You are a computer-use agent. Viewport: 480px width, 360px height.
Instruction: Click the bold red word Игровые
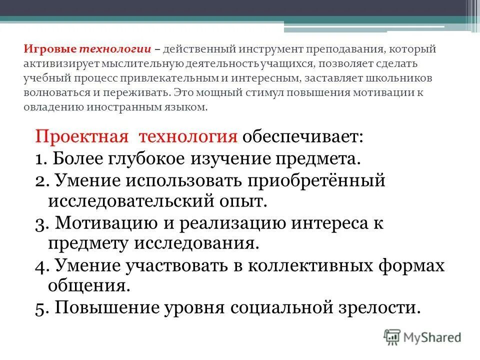coord(49,49)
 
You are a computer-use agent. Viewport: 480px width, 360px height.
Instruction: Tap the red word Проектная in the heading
coord(78,137)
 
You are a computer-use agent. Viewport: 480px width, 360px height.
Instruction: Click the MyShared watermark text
coord(432,337)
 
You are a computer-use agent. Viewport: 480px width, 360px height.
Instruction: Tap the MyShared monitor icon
coord(392,336)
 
